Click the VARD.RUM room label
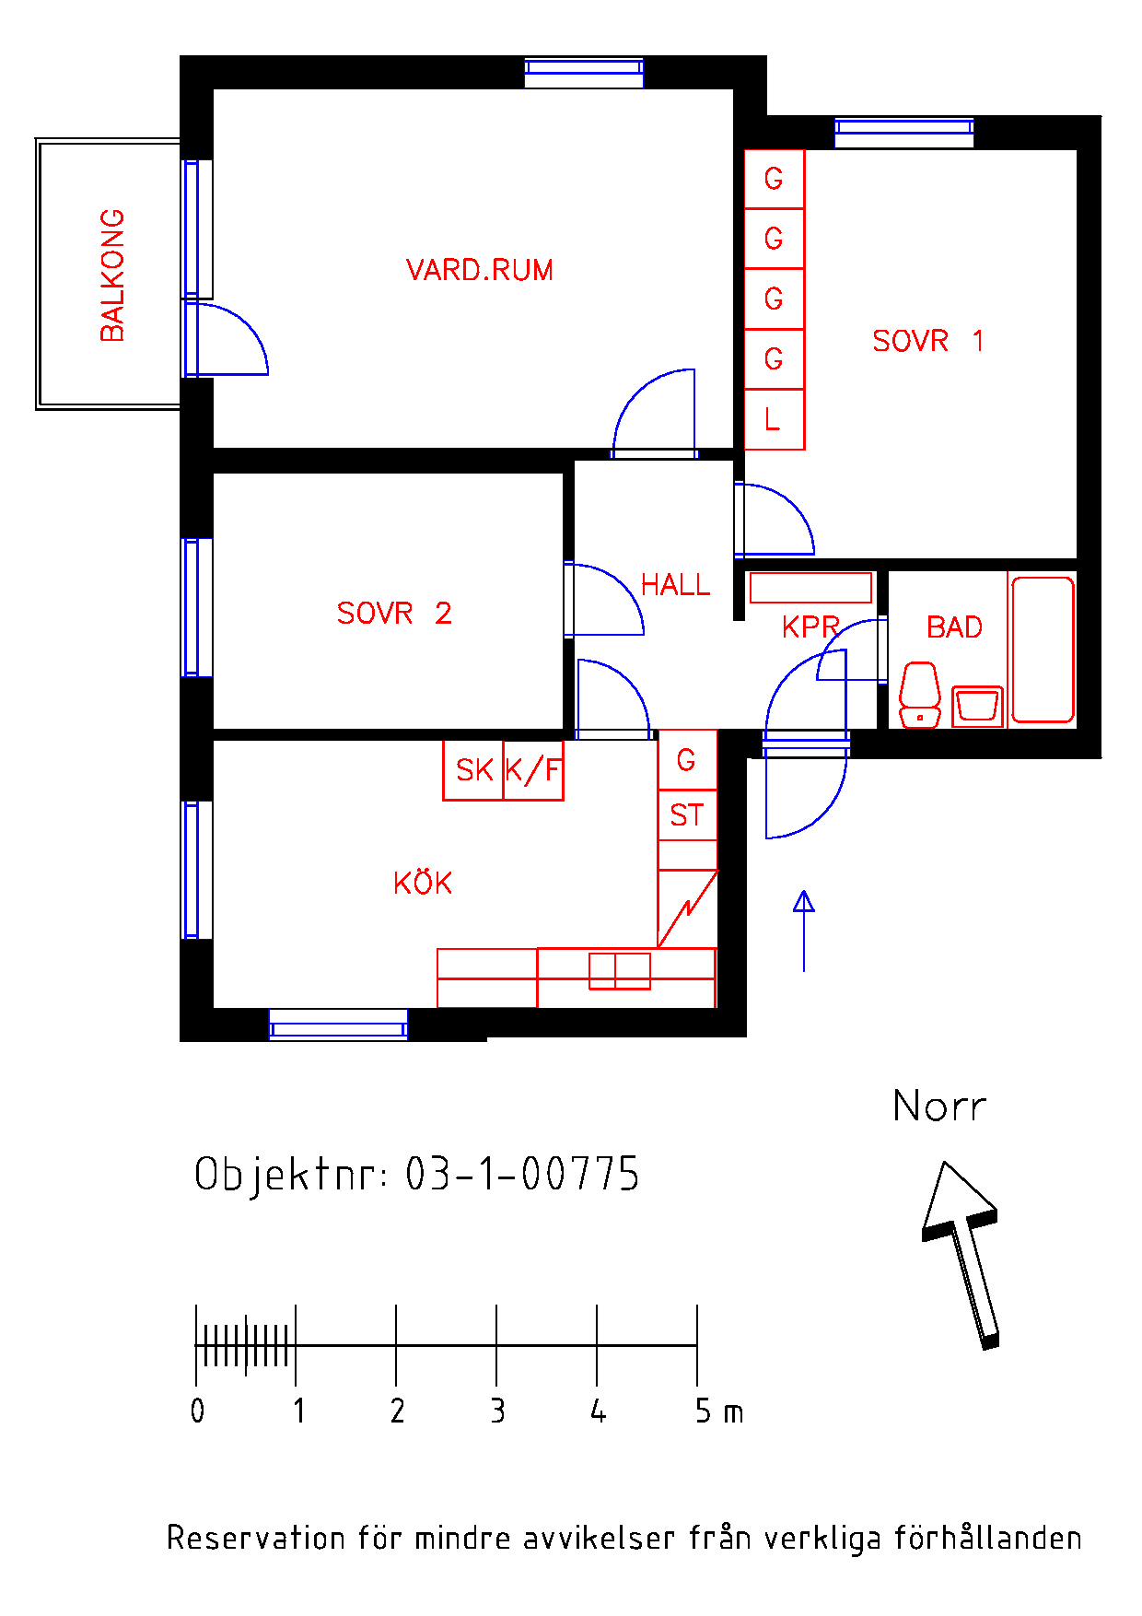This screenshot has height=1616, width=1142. (x=480, y=270)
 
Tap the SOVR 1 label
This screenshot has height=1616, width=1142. (x=928, y=341)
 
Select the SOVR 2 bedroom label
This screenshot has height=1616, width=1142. (x=394, y=613)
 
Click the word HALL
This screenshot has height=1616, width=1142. (x=676, y=585)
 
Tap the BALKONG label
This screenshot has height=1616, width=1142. (x=112, y=275)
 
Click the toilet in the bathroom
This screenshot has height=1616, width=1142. (x=920, y=695)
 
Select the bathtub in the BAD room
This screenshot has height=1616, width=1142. (x=1043, y=650)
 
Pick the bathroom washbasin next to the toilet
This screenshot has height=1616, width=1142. (x=977, y=707)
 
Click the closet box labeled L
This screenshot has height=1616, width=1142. (x=775, y=419)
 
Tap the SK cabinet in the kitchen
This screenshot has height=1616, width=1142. (x=473, y=770)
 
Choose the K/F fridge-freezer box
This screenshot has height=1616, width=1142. (x=533, y=770)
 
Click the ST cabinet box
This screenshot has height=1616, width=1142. (x=687, y=815)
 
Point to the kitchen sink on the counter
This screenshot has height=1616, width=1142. (x=620, y=971)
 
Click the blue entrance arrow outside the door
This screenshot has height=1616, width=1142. (x=804, y=931)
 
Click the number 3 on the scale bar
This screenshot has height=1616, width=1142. (x=497, y=1411)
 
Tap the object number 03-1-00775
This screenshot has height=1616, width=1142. (x=522, y=1174)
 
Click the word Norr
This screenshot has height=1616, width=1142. (x=939, y=1106)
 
